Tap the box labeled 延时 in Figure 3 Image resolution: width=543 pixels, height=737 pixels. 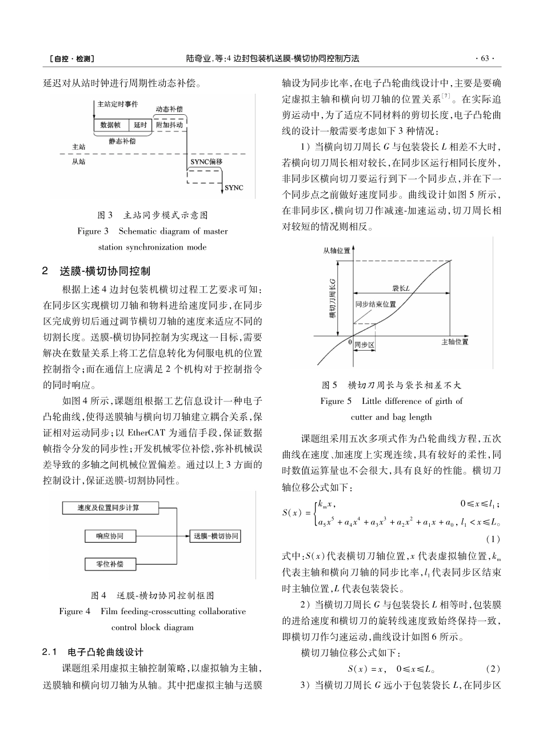[140, 125]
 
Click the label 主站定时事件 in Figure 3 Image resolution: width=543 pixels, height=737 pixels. [117, 105]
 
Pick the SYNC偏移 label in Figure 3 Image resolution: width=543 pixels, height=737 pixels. [205, 162]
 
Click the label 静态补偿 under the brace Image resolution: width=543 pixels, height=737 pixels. [121, 141]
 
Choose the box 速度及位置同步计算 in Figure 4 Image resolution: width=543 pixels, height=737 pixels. [109, 507]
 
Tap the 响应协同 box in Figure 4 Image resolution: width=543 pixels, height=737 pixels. [109, 536]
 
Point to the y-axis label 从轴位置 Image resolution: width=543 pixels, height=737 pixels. [337, 251]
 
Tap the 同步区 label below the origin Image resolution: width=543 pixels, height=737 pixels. [364, 345]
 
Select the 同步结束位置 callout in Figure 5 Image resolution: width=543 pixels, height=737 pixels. [376, 305]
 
